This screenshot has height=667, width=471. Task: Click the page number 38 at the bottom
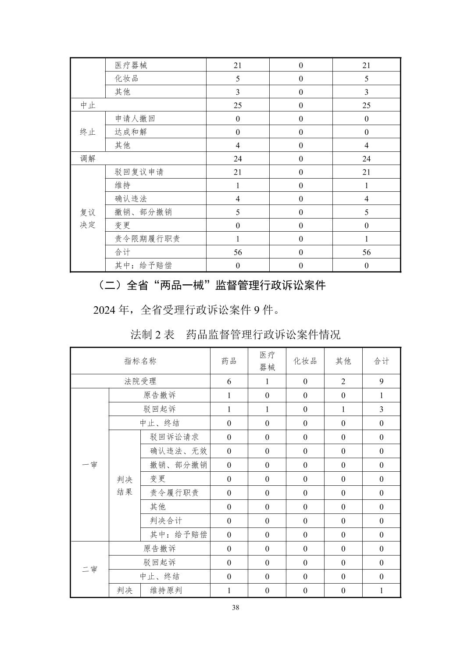click(235, 608)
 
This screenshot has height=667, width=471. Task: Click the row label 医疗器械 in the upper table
click(131, 65)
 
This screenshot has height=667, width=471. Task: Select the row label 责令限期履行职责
click(147, 239)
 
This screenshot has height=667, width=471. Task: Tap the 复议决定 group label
click(88, 219)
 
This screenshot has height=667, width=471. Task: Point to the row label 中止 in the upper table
click(88, 105)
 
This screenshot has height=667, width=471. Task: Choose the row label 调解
click(88, 159)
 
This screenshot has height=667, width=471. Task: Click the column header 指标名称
click(140, 361)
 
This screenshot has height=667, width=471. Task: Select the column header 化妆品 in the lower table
click(305, 361)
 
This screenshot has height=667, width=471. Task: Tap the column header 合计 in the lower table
click(381, 361)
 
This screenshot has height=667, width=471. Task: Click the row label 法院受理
click(140, 381)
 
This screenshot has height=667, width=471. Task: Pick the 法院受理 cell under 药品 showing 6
click(229, 382)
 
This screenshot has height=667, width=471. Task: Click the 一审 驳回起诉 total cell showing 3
click(381, 409)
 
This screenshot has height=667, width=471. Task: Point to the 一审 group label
click(89, 465)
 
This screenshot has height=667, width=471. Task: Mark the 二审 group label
click(89, 570)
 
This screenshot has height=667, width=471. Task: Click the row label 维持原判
click(166, 591)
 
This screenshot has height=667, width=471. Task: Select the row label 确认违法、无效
click(178, 451)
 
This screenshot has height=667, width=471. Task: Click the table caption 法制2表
click(153, 335)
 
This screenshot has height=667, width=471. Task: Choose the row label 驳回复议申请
click(139, 172)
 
